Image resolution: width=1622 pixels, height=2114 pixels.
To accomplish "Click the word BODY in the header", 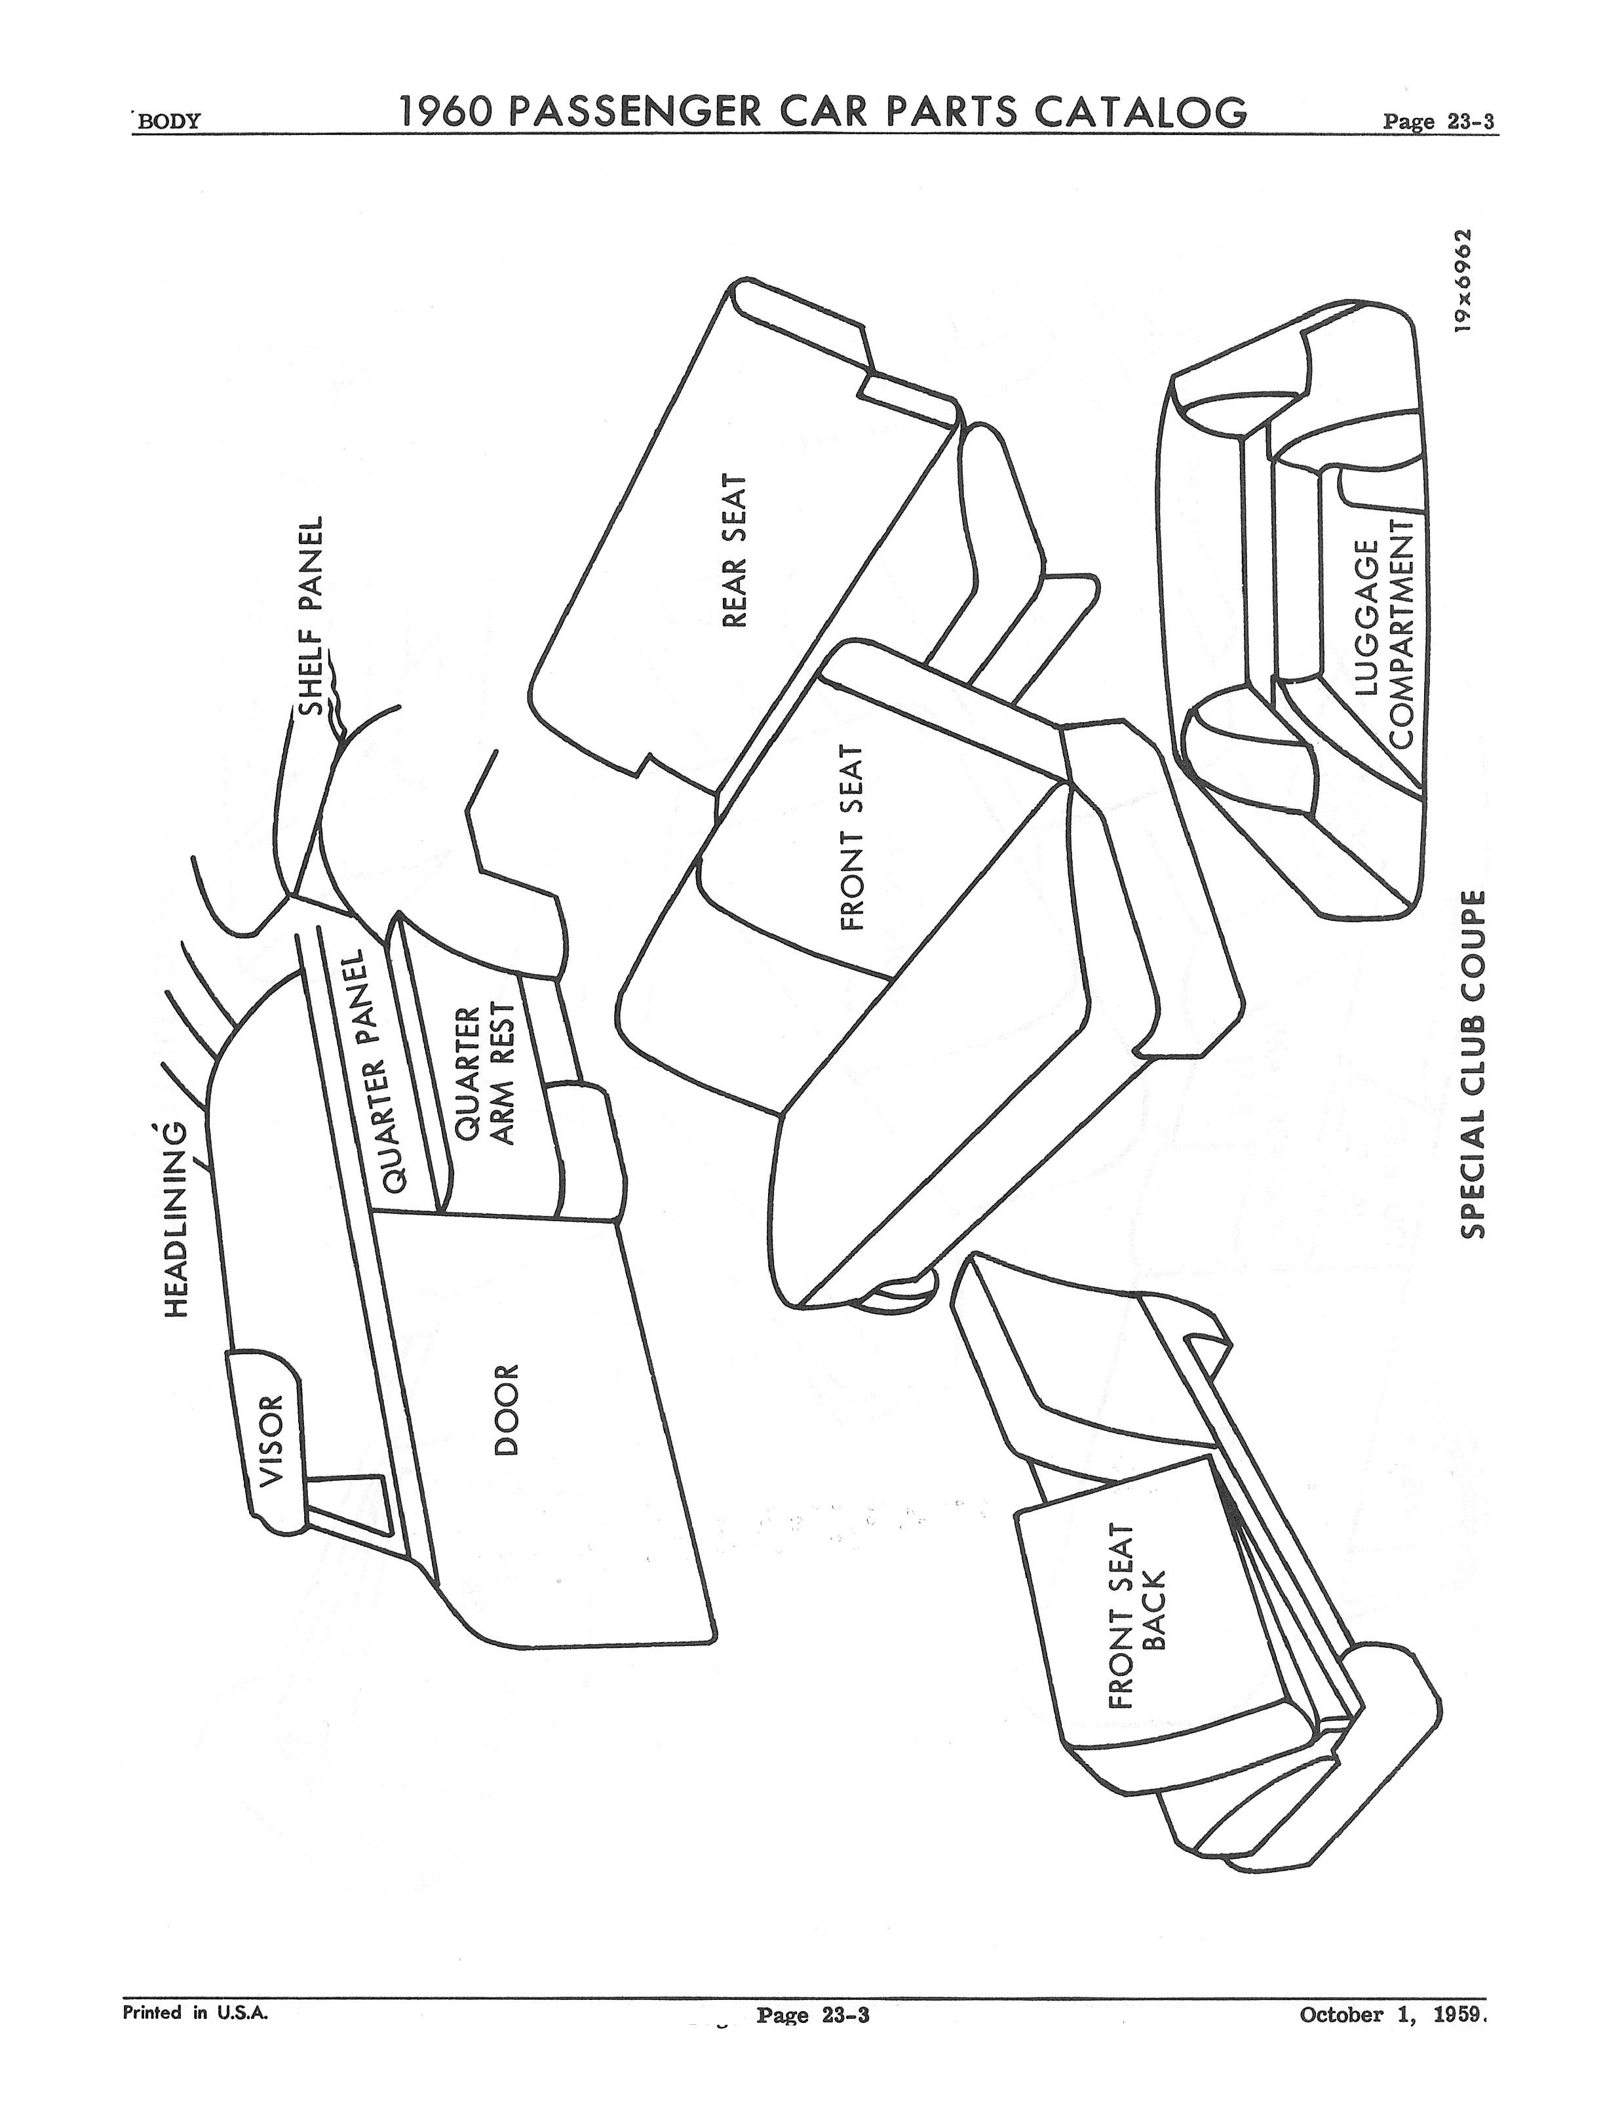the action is (169, 122).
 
